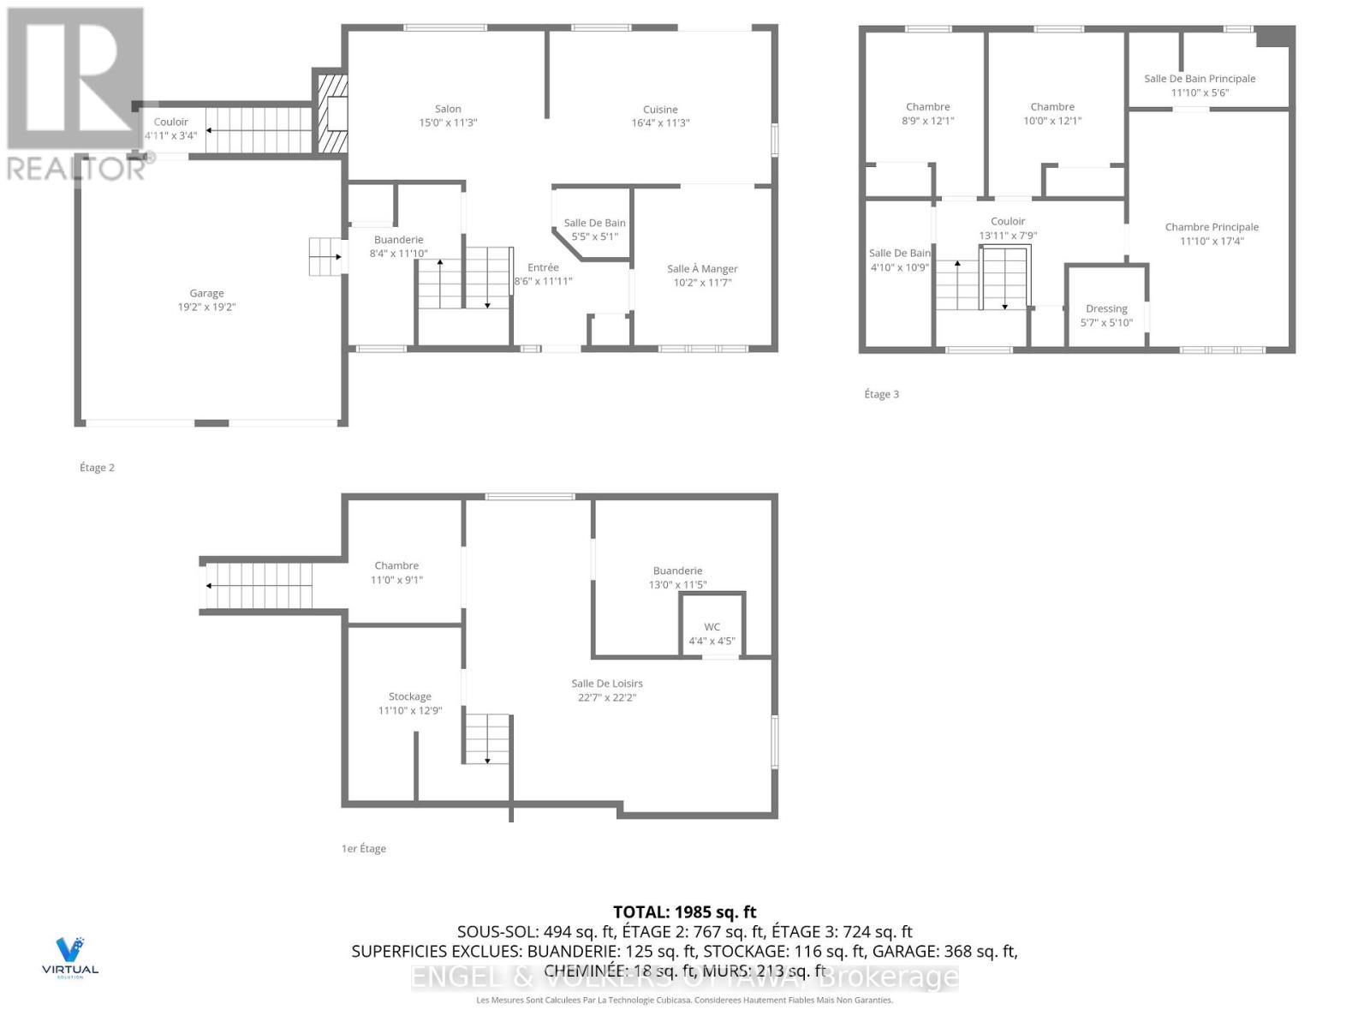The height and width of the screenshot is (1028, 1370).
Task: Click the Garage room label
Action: coord(206,293)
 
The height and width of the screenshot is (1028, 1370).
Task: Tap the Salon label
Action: coord(448,109)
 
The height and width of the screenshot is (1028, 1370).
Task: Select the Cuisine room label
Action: coord(660,110)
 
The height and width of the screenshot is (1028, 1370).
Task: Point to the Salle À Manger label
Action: coord(702,269)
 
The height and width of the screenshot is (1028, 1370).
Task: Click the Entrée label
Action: coord(543,267)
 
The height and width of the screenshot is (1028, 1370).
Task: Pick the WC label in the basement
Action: coord(712,627)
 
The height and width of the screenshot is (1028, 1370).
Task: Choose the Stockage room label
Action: coord(409,696)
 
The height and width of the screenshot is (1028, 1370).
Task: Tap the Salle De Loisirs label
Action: coord(607,684)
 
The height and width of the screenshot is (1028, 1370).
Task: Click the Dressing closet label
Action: coord(1106,308)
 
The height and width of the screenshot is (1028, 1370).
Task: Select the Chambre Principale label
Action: coord(1212,227)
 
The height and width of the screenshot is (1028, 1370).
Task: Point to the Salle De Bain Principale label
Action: coord(1200,79)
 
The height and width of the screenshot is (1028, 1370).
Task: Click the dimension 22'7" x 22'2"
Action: coord(607,697)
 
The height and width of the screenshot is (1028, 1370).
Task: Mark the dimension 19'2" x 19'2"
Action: coord(206,307)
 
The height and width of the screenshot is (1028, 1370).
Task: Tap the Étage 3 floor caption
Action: coord(881,394)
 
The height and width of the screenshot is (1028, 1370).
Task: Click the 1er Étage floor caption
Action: coord(364,848)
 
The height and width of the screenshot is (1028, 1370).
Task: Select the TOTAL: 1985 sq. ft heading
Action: coord(684,912)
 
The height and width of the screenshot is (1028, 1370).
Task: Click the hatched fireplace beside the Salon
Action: coord(332,114)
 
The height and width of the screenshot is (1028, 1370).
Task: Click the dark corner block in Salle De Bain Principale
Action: coord(1274,37)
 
